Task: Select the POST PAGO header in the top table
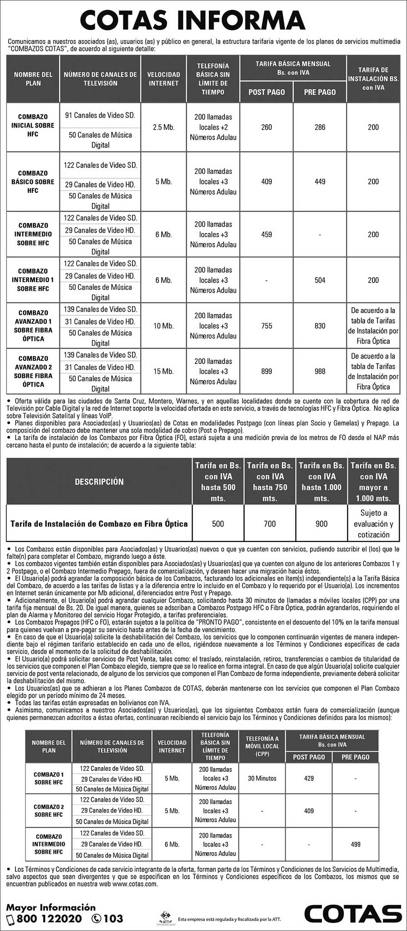266,92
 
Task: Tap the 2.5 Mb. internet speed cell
164,127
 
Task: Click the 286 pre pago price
320,127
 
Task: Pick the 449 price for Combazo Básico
320,182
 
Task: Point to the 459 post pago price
266,234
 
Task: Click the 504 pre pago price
320,280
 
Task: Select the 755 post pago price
266,326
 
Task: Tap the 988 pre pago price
320,371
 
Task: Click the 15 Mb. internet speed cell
164,371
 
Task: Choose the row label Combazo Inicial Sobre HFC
33,126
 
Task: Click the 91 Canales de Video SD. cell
100,116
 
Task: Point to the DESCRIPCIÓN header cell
99,481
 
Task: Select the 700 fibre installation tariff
270,524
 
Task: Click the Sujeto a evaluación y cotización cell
373,524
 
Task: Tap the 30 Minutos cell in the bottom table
262,778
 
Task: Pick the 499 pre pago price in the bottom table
356,844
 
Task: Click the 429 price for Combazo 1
309,778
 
